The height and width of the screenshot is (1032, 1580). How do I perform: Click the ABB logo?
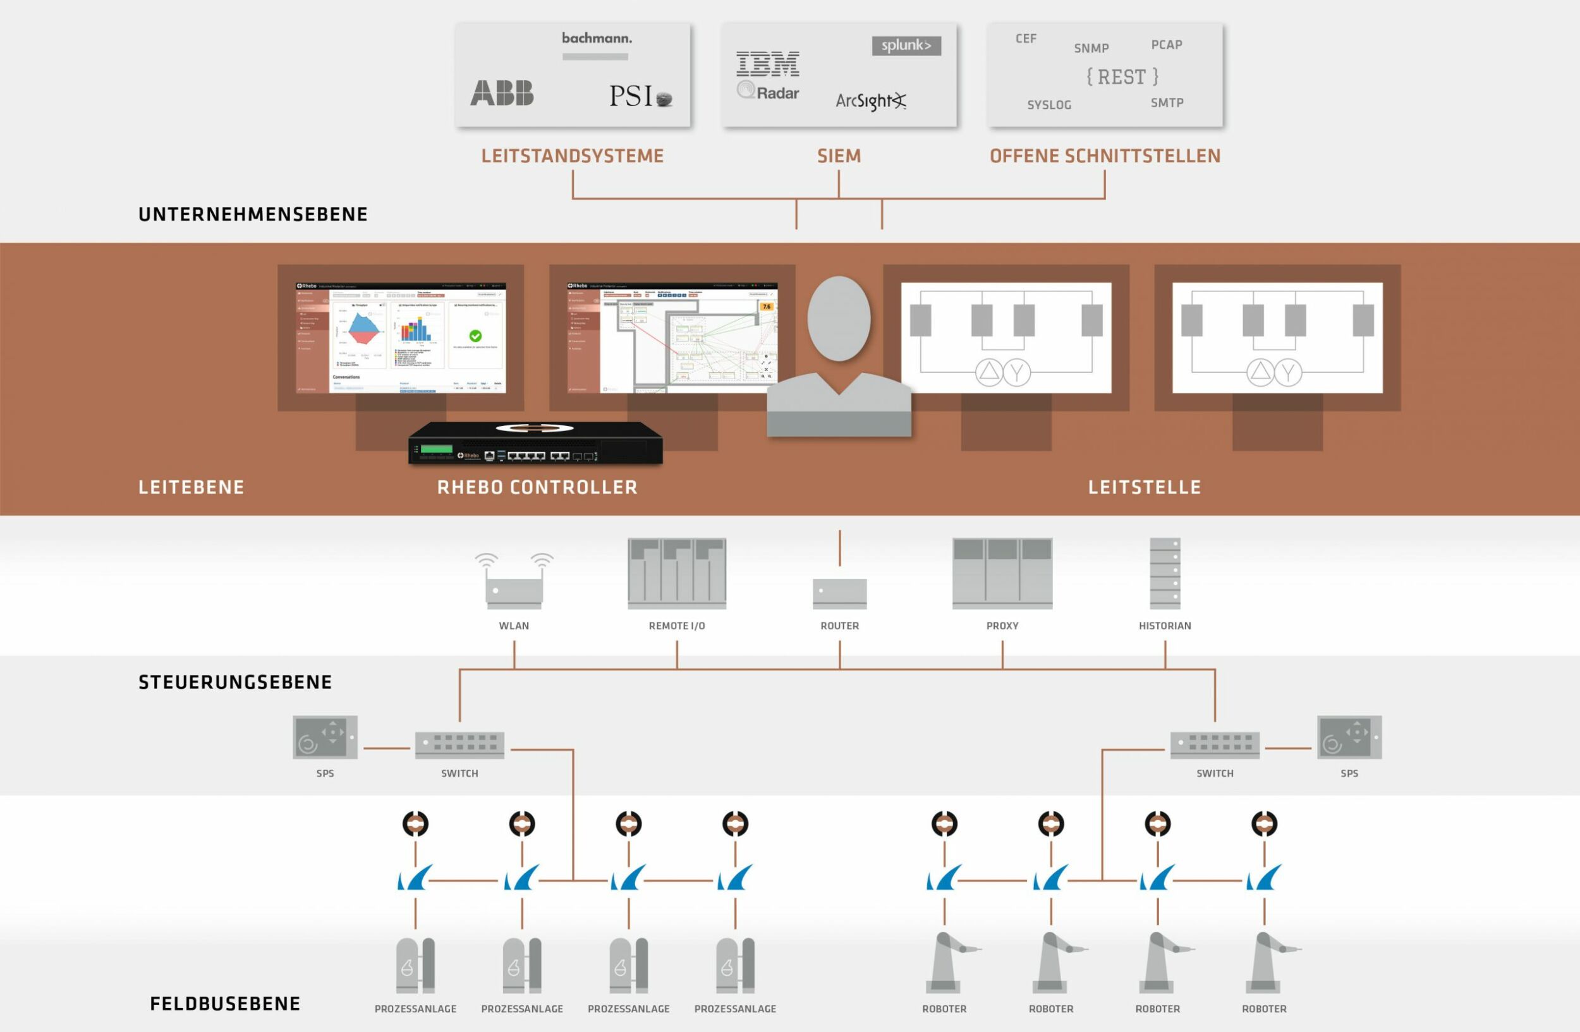coord(502,93)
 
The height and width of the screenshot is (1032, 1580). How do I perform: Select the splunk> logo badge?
coord(906,46)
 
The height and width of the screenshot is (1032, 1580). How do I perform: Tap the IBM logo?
coord(767,64)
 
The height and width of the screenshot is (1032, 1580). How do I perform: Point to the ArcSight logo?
coord(870,101)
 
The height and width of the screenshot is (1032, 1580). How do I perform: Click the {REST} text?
coord(1122,77)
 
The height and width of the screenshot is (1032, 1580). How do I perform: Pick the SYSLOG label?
coord(1049,105)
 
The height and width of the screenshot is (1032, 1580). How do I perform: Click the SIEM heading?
coord(839,156)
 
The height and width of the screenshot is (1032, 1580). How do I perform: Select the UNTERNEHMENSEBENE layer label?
coord(253,214)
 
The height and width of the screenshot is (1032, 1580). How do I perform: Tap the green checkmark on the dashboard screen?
coord(475,336)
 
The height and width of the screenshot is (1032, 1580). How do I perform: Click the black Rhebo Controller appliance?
coord(535,442)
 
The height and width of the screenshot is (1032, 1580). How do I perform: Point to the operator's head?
coord(839,319)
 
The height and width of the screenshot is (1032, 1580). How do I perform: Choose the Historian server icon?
coord(1165,573)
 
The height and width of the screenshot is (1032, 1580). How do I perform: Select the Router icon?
coord(840,593)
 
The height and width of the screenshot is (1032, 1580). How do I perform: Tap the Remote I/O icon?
coord(677,573)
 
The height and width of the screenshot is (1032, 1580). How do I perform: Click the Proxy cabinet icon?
coord(1002,573)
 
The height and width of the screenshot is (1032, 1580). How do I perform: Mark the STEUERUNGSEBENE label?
coord(235,683)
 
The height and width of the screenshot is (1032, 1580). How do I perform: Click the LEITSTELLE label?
coord(1145,488)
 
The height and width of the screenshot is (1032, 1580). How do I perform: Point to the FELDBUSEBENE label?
coord(225,1004)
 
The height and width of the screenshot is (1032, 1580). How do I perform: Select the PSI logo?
coord(640,97)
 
